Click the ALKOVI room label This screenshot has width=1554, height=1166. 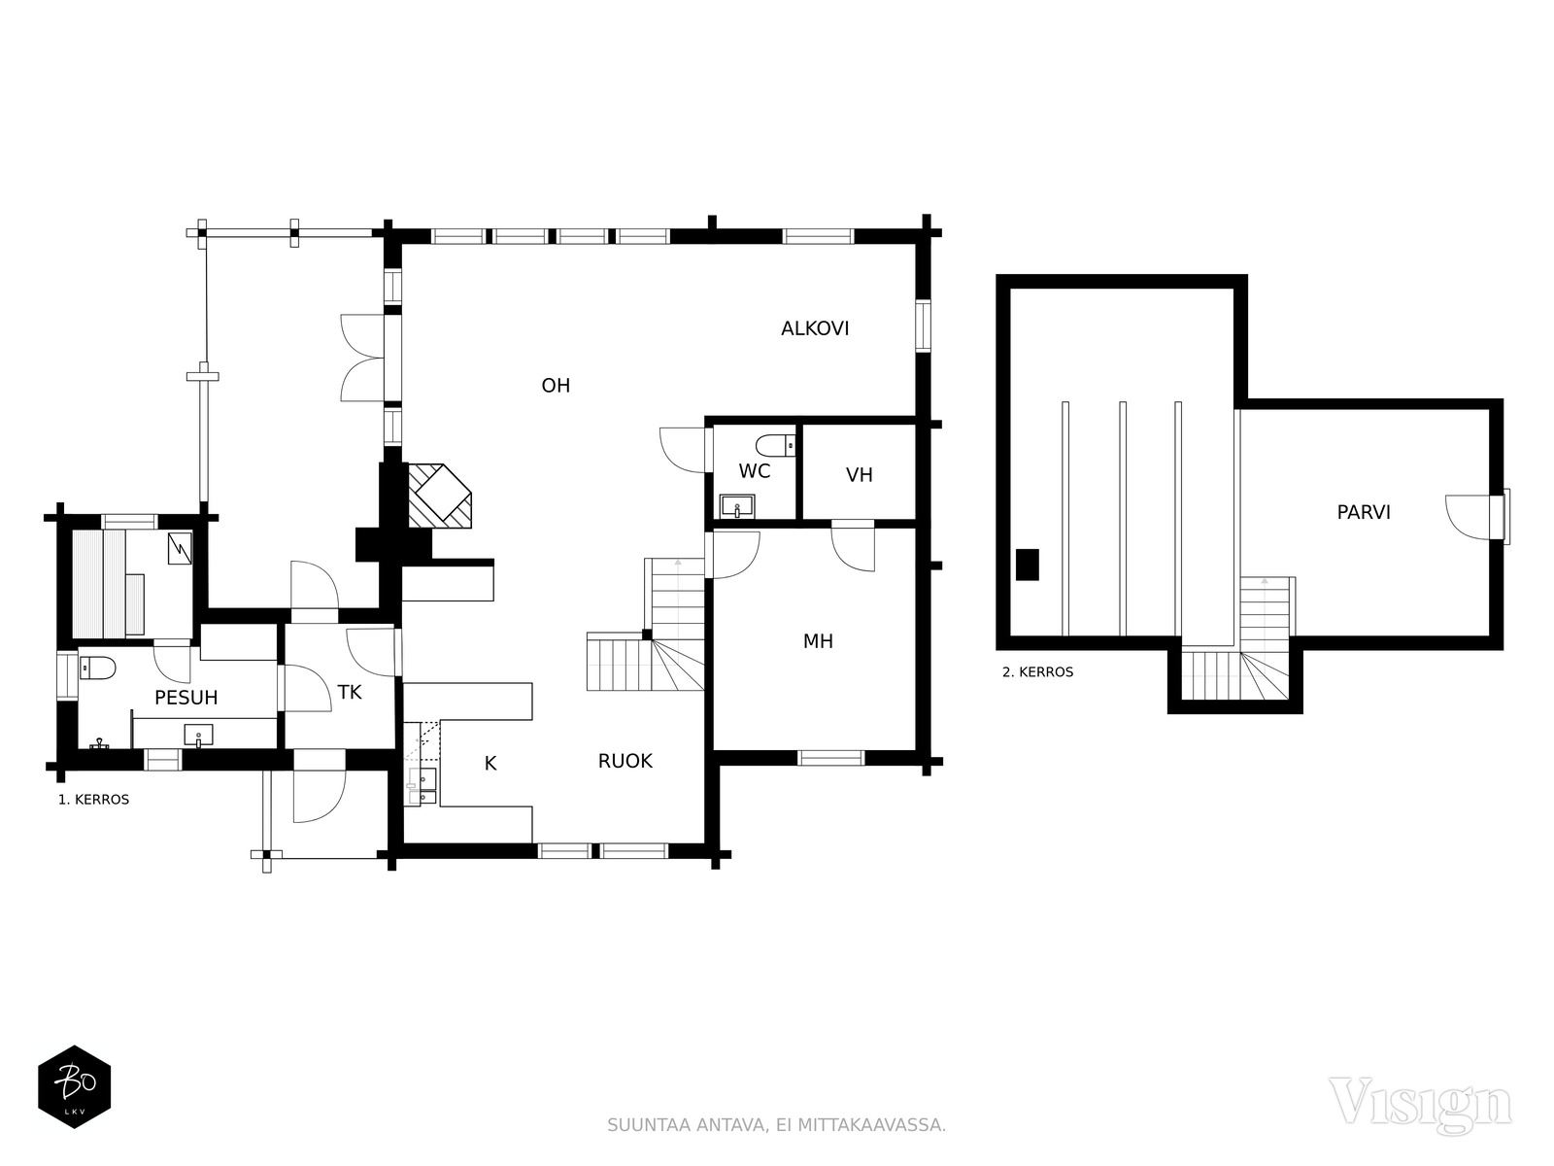coord(815,328)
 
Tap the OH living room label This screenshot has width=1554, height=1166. coord(556,385)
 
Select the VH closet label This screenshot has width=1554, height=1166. coord(860,475)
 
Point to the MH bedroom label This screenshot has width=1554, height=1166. coord(818,641)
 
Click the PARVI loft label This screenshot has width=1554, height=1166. coord(1364,512)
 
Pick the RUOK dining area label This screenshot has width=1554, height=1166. coord(625,761)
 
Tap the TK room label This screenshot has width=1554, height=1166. coord(350,693)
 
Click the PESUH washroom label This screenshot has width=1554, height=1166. coord(186,698)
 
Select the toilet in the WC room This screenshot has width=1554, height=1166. coord(775,446)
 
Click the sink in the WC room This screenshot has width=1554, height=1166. coord(737,506)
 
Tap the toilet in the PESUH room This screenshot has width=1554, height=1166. coord(97,668)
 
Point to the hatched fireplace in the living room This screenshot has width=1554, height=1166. coord(440,496)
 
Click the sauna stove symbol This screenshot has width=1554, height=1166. coord(179,548)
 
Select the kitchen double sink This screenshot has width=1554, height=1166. coord(422,786)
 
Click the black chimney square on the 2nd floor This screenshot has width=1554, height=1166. coord(1028,565)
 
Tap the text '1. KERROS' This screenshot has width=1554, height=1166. coord(93,800)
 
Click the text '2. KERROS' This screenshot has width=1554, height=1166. coord(1038,672)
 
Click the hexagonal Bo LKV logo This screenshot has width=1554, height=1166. coord(75,1086)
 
